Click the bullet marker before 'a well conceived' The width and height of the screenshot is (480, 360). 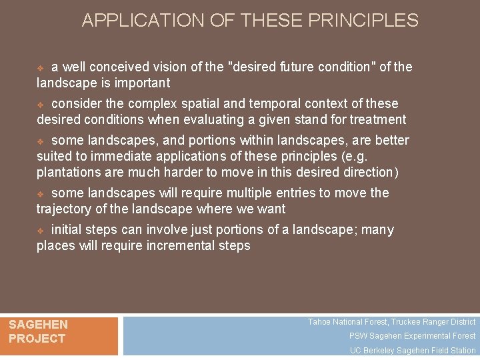41,68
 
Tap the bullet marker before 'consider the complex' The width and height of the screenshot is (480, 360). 41,105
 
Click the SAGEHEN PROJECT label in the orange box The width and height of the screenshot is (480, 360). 38,331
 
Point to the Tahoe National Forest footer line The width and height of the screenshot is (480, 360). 391,322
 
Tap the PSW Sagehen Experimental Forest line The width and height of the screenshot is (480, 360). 412,336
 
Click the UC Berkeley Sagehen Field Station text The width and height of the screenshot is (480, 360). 413,351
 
